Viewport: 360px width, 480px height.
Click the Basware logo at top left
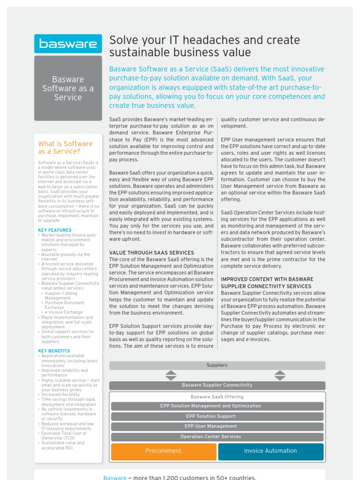[68, 44]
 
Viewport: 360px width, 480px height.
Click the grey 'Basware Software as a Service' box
[68, 88]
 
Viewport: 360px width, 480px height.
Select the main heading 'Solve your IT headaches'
[204, 46]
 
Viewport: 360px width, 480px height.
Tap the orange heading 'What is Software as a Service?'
[66, 148]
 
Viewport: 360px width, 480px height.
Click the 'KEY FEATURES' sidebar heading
[55, 230]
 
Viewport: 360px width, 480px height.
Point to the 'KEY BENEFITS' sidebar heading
[54, 351]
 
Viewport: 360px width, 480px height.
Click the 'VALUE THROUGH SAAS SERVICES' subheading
[151, 253]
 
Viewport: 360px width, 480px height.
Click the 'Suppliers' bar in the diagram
[217, 365]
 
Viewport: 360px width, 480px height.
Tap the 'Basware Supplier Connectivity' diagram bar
[217, 385]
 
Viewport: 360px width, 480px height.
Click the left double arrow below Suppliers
[171, 375]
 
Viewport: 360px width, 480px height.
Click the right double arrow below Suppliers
[280, 375]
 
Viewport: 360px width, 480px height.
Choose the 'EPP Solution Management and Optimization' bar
[217, 406]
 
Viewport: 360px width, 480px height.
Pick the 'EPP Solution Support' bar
[217, 416]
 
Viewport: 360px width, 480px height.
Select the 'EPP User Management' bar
[217, 427]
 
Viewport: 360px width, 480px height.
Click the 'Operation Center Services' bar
[217, 437]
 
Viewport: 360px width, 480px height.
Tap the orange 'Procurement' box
[164, 451]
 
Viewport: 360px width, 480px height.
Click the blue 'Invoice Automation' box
[270, 451]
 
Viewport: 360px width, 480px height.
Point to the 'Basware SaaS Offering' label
[217, 397]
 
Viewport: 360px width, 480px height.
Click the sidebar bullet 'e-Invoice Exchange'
[64, 312]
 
